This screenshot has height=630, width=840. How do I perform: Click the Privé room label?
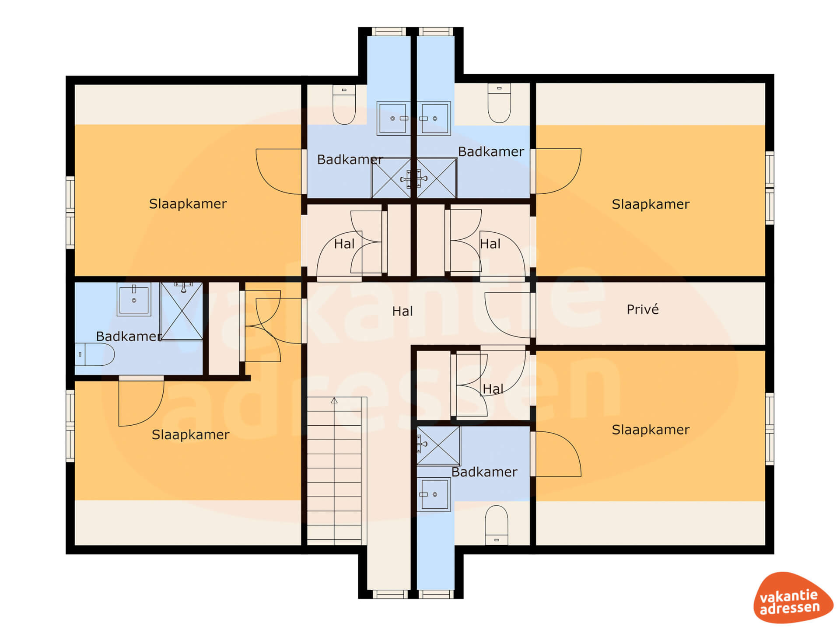coord(642,309)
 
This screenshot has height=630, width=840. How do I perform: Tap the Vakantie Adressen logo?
coord(793,597)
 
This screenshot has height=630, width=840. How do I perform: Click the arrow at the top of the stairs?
coord(334,400)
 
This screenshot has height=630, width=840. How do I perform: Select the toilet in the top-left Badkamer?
coord(344,105)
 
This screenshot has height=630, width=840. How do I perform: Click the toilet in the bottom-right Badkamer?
coord(497,525)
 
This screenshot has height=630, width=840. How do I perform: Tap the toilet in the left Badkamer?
coord(94,354)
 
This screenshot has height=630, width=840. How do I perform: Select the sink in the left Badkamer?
coord(134,299)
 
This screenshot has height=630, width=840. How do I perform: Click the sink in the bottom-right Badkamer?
coord(434,494)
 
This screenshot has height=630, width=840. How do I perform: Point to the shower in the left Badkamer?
coord(182,311)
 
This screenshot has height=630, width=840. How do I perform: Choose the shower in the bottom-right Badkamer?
coord(438,446)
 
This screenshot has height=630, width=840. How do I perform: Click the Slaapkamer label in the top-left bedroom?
coord(188,204)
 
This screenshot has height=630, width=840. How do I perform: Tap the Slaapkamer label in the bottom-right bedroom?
coord(651,430)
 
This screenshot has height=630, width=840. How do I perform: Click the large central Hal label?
coord(402,311)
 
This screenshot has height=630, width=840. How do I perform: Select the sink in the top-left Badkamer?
coord(393,119)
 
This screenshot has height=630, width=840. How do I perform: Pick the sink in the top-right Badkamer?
coord(434,119)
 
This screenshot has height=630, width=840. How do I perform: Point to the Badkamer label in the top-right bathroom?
coord(491,152)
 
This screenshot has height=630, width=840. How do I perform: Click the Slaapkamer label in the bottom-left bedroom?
coord(190,434)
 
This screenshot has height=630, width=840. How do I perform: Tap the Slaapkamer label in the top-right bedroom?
coord(651,204)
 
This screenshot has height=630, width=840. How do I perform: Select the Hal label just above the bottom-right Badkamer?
coord(493,388)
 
